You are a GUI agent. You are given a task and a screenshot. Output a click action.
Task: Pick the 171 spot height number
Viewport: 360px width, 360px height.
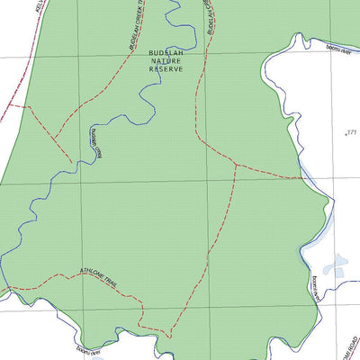pos(351,132)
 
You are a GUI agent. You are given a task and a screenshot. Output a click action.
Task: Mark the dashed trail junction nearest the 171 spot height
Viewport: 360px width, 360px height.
pos(235,165)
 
